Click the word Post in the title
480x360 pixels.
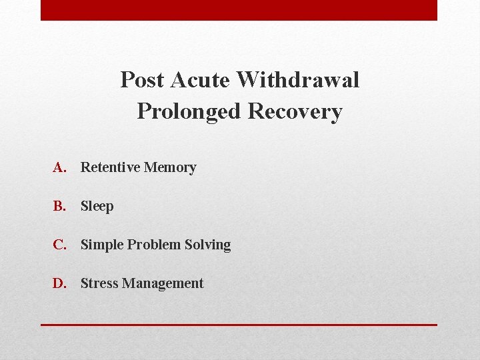(x=143, y=80)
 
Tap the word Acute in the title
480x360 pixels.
(x=201, y=80)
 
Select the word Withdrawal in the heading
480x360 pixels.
(x=298, y=80)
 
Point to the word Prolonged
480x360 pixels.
(x=189, y=111)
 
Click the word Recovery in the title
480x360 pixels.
(x=295, y=111)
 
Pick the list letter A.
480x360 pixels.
(x=60, y=167)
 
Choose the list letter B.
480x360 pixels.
(x=60, y=206)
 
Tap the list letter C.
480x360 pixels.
(x=60, y=245)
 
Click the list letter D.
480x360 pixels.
(x=60, y=283)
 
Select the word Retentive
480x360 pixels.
(x=110, y=167)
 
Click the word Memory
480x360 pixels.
(x=170, y=168)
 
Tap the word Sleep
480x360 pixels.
(x=97, y=207)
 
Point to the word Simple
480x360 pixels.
(x=102, y=245)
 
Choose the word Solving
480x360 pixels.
(x=208, y=245)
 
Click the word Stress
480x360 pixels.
(x=99, y=283)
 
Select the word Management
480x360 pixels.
(x=162, y=284)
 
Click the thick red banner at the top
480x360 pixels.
(x=239, y=10)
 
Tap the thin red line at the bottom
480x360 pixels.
(x=239, y=325)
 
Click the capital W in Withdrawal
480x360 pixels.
(x=249, y=80)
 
